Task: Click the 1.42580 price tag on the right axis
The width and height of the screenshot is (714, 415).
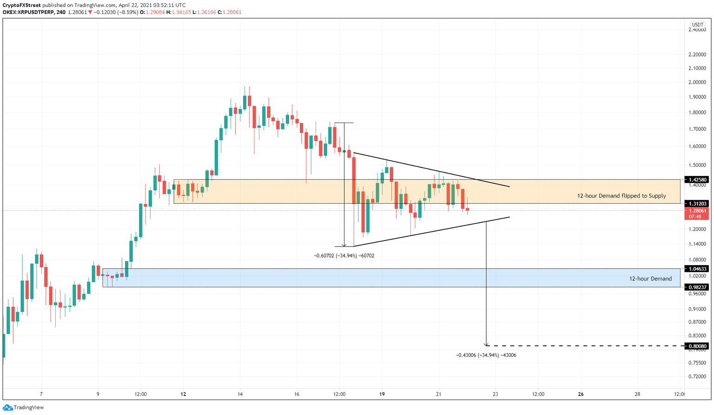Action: click(698, 180)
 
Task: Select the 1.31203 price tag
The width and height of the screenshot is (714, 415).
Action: click(698, 203)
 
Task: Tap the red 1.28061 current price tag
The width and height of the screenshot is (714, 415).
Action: click(698, 210)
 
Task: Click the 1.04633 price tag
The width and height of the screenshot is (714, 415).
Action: click(698, 269)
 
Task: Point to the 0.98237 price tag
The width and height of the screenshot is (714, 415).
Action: click(698, 287)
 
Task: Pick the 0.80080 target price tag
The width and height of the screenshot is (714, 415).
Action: click(698, 346)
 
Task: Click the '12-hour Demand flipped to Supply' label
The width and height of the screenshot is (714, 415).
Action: click(621, 196)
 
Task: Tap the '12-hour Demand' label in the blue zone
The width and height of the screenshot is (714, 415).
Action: click(650, 279)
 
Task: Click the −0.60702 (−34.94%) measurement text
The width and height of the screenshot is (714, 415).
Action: click(344, 256)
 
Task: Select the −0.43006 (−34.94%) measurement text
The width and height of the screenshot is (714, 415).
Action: click(486, 355)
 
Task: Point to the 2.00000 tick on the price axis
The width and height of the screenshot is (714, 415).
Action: click(697, 83)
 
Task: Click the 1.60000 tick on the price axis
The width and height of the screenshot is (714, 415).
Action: click(697, 146)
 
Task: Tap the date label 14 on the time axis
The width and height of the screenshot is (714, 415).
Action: click(240, 394)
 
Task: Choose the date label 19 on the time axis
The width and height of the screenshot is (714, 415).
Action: click(382, 394)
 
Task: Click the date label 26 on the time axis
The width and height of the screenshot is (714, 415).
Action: click(581, 394)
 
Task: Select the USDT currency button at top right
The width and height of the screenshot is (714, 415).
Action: click(697, 25)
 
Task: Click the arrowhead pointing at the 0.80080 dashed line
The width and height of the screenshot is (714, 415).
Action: click(486, 344)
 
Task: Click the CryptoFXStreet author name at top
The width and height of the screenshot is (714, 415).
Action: click(21, 5)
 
